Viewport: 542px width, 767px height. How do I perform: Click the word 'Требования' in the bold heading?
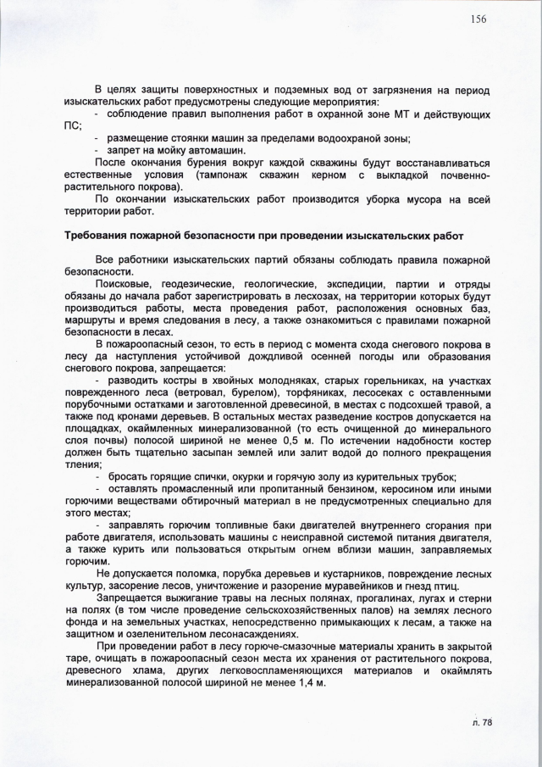click(100, 234)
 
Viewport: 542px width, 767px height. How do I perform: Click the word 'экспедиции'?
click(321, 283)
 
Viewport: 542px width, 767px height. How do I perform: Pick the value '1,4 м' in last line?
click(307, 683)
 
